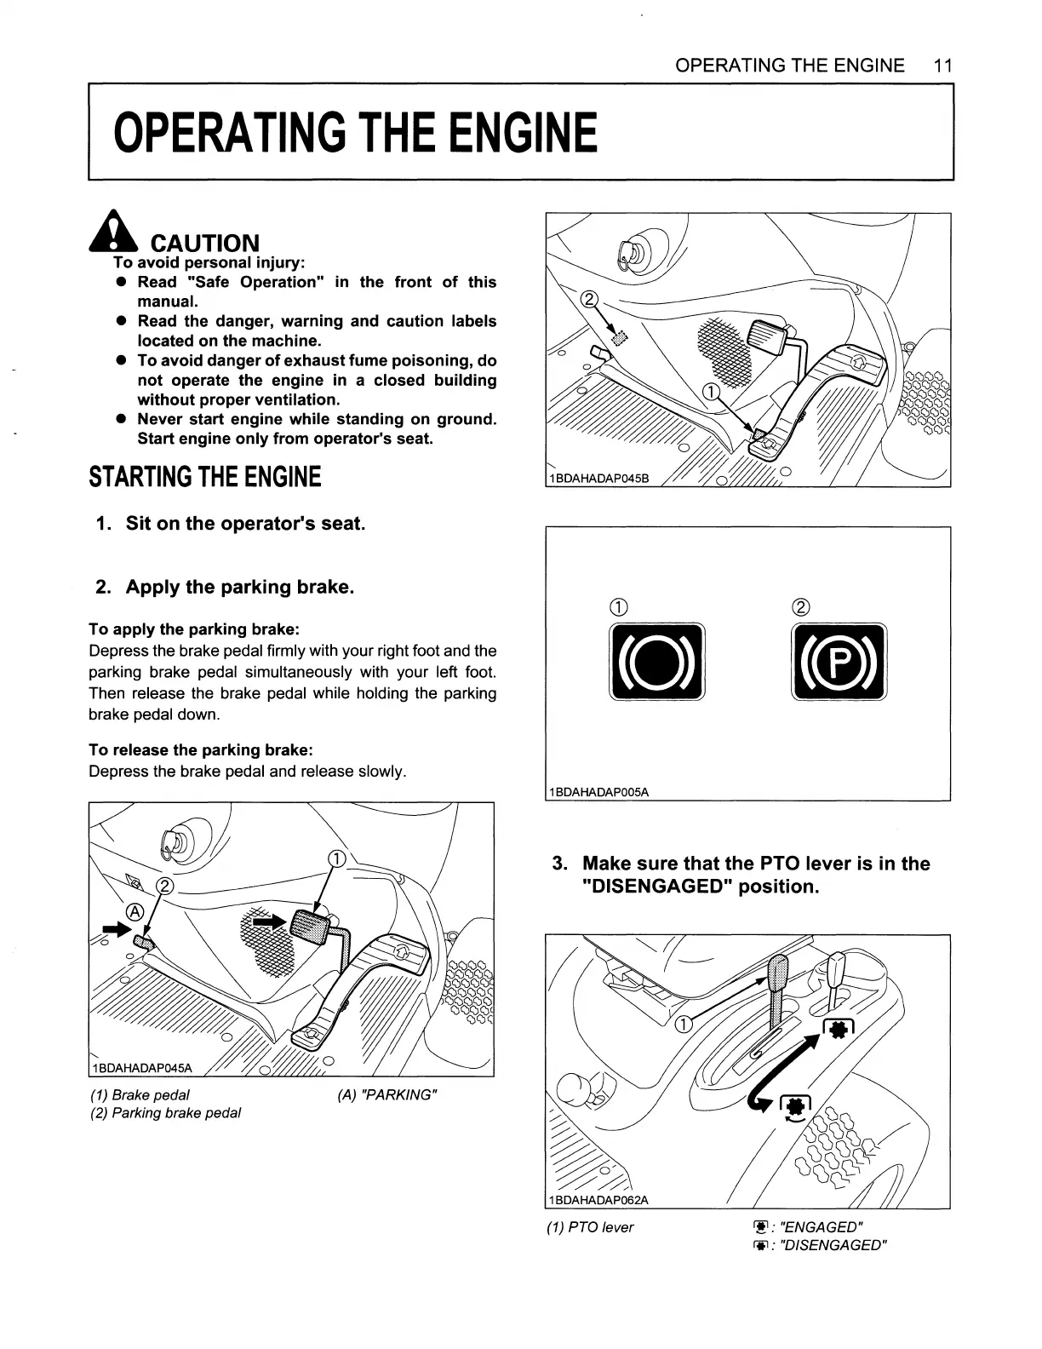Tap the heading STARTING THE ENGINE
(205, 477)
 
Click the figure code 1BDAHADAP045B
(599, 478)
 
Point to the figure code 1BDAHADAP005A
(599, 792)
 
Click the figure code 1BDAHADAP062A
(599, 1200)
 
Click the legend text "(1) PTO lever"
(590, 1227)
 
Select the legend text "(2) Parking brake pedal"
(165, 1113)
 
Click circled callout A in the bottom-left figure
(134, 911)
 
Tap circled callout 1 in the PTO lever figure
(682, 1025)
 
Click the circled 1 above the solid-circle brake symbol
(618, 607)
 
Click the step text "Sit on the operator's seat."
(245, 523)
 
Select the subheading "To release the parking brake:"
(201, 749)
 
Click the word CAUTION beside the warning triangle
(204, 244)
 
